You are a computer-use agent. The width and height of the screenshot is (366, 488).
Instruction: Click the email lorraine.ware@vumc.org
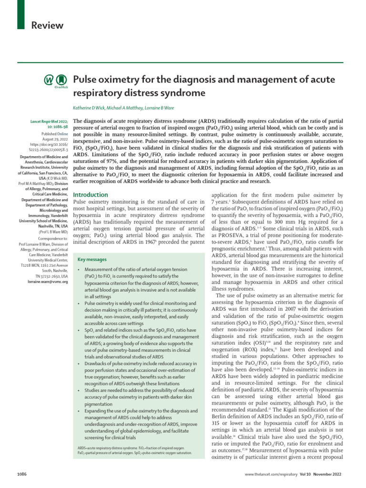48,282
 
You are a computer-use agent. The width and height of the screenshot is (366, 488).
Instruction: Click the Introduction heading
90,195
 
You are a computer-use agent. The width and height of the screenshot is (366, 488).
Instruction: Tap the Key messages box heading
92,260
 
